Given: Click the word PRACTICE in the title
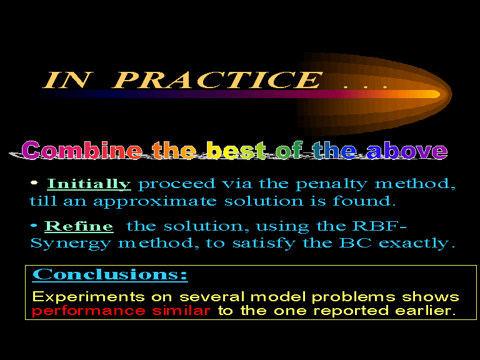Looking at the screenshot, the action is point(217,80).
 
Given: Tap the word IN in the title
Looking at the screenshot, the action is point(67,80).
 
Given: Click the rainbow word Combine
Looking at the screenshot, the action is point(82,150).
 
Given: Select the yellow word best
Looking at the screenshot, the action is point(236,150).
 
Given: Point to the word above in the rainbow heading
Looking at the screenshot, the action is point(407,151).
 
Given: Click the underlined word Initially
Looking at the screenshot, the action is point(89,184).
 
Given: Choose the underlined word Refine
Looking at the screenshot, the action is point(79,226).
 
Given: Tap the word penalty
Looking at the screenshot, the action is point(331,184).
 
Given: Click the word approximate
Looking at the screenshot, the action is point(155,202).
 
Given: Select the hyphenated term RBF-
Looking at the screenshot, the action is point(379,226).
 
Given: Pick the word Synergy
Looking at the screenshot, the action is point(71,244).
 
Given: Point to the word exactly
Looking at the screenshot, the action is point(417,244).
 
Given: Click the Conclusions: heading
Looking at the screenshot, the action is point(110,274).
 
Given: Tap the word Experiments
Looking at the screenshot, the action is point(89,297).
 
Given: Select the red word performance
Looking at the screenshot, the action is point(89,311).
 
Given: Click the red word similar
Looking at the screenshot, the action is point(181,311).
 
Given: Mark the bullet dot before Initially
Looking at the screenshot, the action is point(34,182).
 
